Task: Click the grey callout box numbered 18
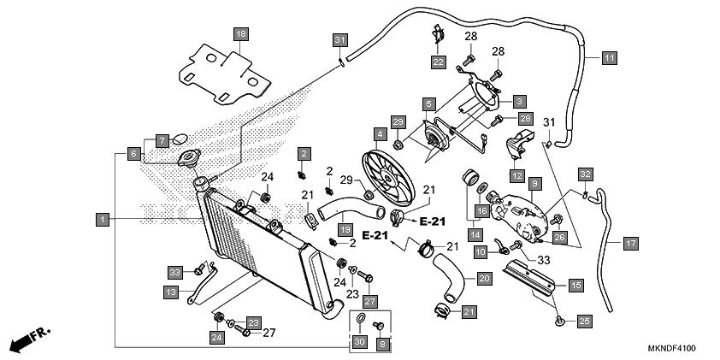pyautogui.click(x=240, y=34)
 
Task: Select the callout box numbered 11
pyautogui.click(x=609, y=58)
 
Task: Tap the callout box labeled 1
pyautogui.click(x=103, y=220)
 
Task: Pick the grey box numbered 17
pyautogui.click(x=631, y=244)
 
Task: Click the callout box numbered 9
pyautogui.click(x=535, y=184)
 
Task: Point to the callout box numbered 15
pyautogui.click(x=575, y=285)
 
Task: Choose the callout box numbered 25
pyautogui.click(x=584, y=322)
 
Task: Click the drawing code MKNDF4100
pyautogui.click(x=671, y=348)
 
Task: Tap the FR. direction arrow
pyautogui.click(x=30, y=339)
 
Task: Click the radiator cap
pyautogui.click(x=189, y=157)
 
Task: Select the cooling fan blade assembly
pyautogui.click(x=388, y=177)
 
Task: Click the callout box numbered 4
pyautogui.click(x=380, y=134)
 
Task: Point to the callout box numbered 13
pyautogui.click(x=171, y=292)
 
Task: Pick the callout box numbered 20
pyautogui.click(x=485, y=278)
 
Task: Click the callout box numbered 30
pyautogui.click(x=361, y=342)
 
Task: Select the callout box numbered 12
pyautogui.click(x=516, y=175)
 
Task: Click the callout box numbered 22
pyautogui.click(x=439, y=62)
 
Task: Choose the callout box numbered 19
pyautogui.click(x=345, y=229)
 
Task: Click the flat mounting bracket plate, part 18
pyautogui.click(x=225, y=75)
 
